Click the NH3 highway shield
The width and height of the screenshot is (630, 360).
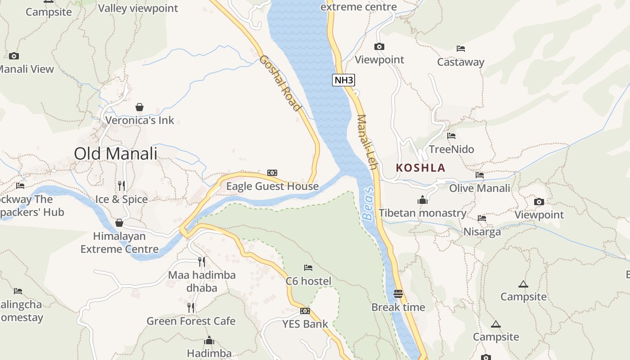(344, 81)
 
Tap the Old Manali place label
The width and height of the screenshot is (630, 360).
(116, 154)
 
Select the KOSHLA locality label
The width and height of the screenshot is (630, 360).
(421, 168)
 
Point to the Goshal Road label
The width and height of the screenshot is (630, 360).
(279, 83)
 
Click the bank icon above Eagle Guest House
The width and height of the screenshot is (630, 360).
(272, 173)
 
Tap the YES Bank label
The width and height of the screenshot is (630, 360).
(305, 324)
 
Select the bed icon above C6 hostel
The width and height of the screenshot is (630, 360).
(308, 268)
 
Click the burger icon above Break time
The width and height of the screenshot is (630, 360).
(398, 294)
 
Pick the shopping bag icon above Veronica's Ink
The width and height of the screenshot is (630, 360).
(139, 107)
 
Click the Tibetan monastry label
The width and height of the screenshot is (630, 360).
(423, 213)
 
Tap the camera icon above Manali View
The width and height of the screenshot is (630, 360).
(14, 56)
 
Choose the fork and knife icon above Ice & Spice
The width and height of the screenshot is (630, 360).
(121, 185)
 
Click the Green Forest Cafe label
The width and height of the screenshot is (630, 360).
(191, 321)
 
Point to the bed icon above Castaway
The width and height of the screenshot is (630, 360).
(460, 49)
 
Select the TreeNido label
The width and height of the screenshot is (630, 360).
(451, 149)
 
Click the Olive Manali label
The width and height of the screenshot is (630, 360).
(480, 188)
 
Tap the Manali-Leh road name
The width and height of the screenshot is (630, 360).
(367, 142)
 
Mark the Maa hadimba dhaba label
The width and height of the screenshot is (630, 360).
(202, 281)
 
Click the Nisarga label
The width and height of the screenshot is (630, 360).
(482, 232)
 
